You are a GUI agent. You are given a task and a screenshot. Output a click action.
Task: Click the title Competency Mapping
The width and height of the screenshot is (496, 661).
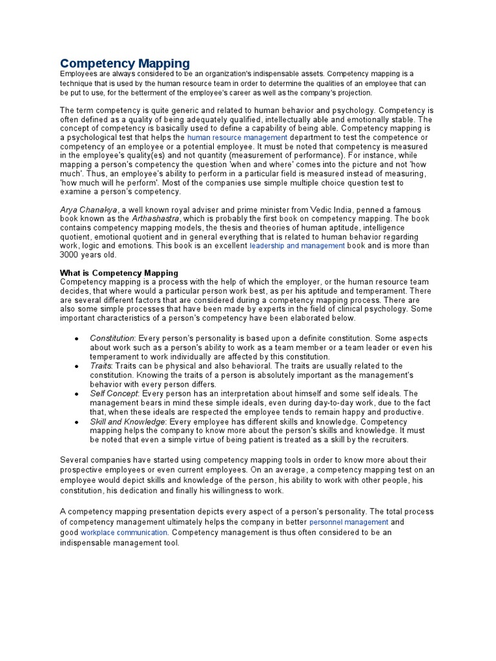[125, 63]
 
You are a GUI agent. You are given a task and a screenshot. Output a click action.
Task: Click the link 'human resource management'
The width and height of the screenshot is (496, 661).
[237, 138]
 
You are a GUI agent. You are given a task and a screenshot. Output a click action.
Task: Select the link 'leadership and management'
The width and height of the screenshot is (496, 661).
[297, 246]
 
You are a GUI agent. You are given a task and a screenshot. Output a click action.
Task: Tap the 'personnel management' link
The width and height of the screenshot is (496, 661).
[349, 522]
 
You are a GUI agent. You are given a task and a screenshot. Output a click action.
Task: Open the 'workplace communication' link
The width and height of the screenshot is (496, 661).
[124, 533]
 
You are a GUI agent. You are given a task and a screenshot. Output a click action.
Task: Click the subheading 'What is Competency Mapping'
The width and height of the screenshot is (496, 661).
[119, 273]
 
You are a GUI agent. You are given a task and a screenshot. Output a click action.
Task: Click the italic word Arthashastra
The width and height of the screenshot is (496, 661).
[156, 219]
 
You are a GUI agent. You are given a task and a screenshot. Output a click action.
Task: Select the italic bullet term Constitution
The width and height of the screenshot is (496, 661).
[112, 338]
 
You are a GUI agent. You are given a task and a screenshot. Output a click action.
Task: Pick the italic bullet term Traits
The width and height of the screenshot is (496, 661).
[101, 366]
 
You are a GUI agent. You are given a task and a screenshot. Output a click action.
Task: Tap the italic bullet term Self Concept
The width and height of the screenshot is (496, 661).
[114, 394]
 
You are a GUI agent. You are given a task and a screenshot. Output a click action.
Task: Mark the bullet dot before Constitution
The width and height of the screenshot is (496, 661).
[76, 339]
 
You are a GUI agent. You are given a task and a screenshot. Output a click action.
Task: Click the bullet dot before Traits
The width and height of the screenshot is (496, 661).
[76, 367]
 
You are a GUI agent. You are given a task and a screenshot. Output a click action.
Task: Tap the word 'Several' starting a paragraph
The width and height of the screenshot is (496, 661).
[76, 460]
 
